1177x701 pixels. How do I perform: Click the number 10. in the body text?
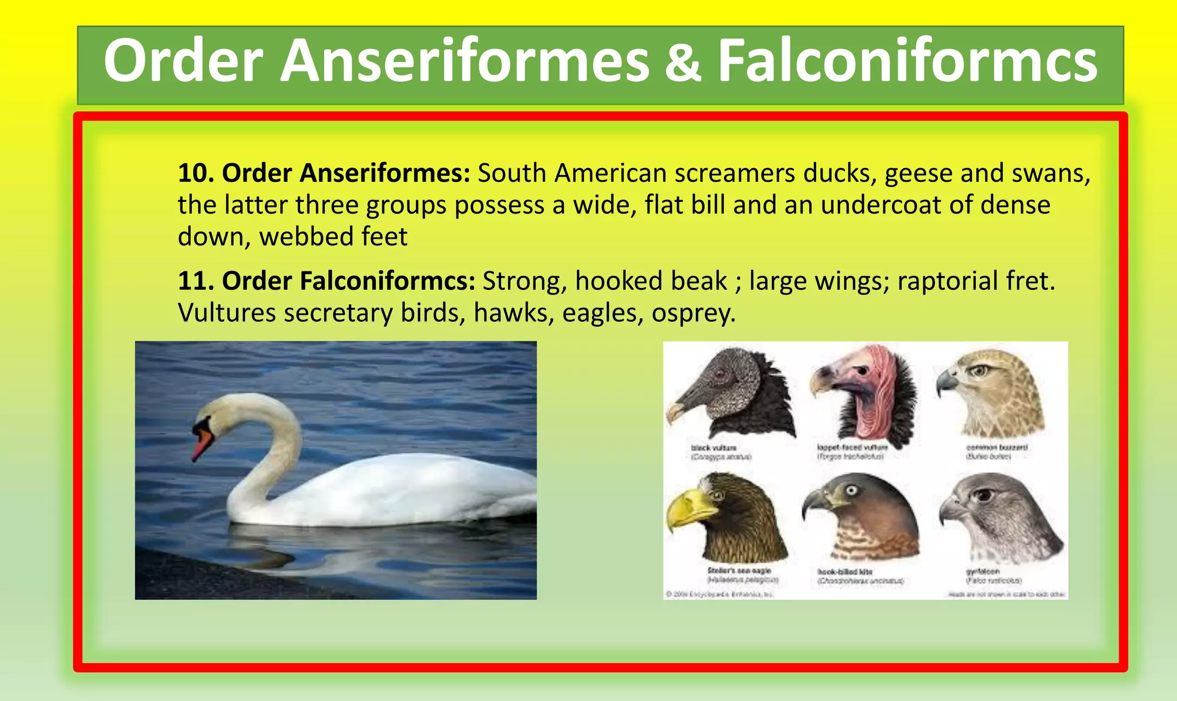coord(196,173)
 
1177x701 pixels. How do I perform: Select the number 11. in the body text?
coord(196,281)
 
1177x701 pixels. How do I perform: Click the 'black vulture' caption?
coord(713,447)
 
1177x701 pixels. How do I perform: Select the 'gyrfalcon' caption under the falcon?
coord(983,572)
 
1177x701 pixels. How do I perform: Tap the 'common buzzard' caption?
coord(997,447)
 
